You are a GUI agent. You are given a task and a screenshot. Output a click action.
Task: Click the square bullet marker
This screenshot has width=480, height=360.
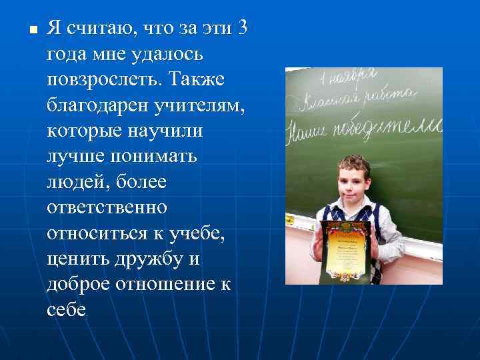23,31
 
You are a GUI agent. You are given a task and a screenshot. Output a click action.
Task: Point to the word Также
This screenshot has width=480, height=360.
198,80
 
